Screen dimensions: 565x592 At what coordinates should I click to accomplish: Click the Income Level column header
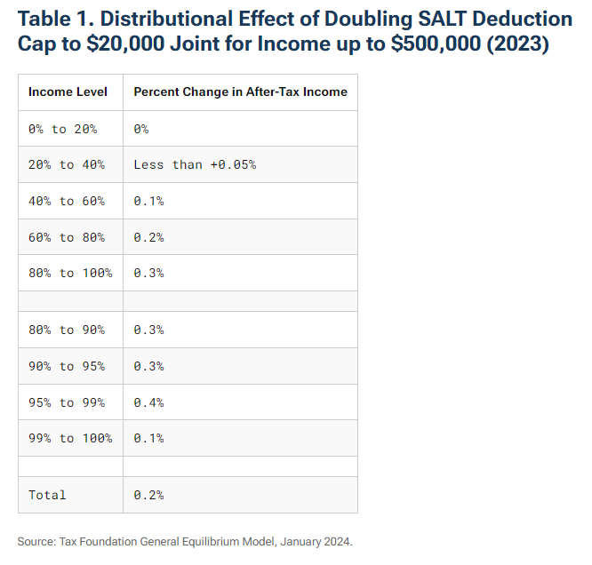click(x=68, y=92)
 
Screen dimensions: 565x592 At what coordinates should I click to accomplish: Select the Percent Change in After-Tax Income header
click(x=240, y=92)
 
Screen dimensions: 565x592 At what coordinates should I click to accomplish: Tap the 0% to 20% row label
click(x=62, y=129)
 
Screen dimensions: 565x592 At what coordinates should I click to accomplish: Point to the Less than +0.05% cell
click(x=195, y=165)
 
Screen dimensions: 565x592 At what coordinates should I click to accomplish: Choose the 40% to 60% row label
click(x=66, y=201)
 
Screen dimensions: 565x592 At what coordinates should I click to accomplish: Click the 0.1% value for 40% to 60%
click(x=148, y=201)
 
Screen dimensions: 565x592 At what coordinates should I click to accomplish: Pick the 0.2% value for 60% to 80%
click(x=148, y=237)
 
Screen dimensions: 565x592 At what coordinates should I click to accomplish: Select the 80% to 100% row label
click(x=70, y=273)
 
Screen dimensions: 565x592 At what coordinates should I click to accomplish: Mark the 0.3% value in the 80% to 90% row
click(x=148, y=330)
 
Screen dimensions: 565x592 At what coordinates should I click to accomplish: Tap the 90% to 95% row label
click(x=66, y=366)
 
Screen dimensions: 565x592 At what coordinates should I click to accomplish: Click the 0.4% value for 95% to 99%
click(x=148, y=402)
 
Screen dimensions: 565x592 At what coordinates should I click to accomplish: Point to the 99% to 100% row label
click(x=70, y=438)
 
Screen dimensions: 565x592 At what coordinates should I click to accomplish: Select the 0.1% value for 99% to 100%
click(x=148, y=438)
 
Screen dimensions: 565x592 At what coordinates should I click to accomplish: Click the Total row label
click(x=47, y=495)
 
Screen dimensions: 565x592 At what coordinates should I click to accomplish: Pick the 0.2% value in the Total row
click(x=148, y=495)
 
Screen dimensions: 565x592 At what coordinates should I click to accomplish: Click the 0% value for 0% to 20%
click(x=141, y=129)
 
